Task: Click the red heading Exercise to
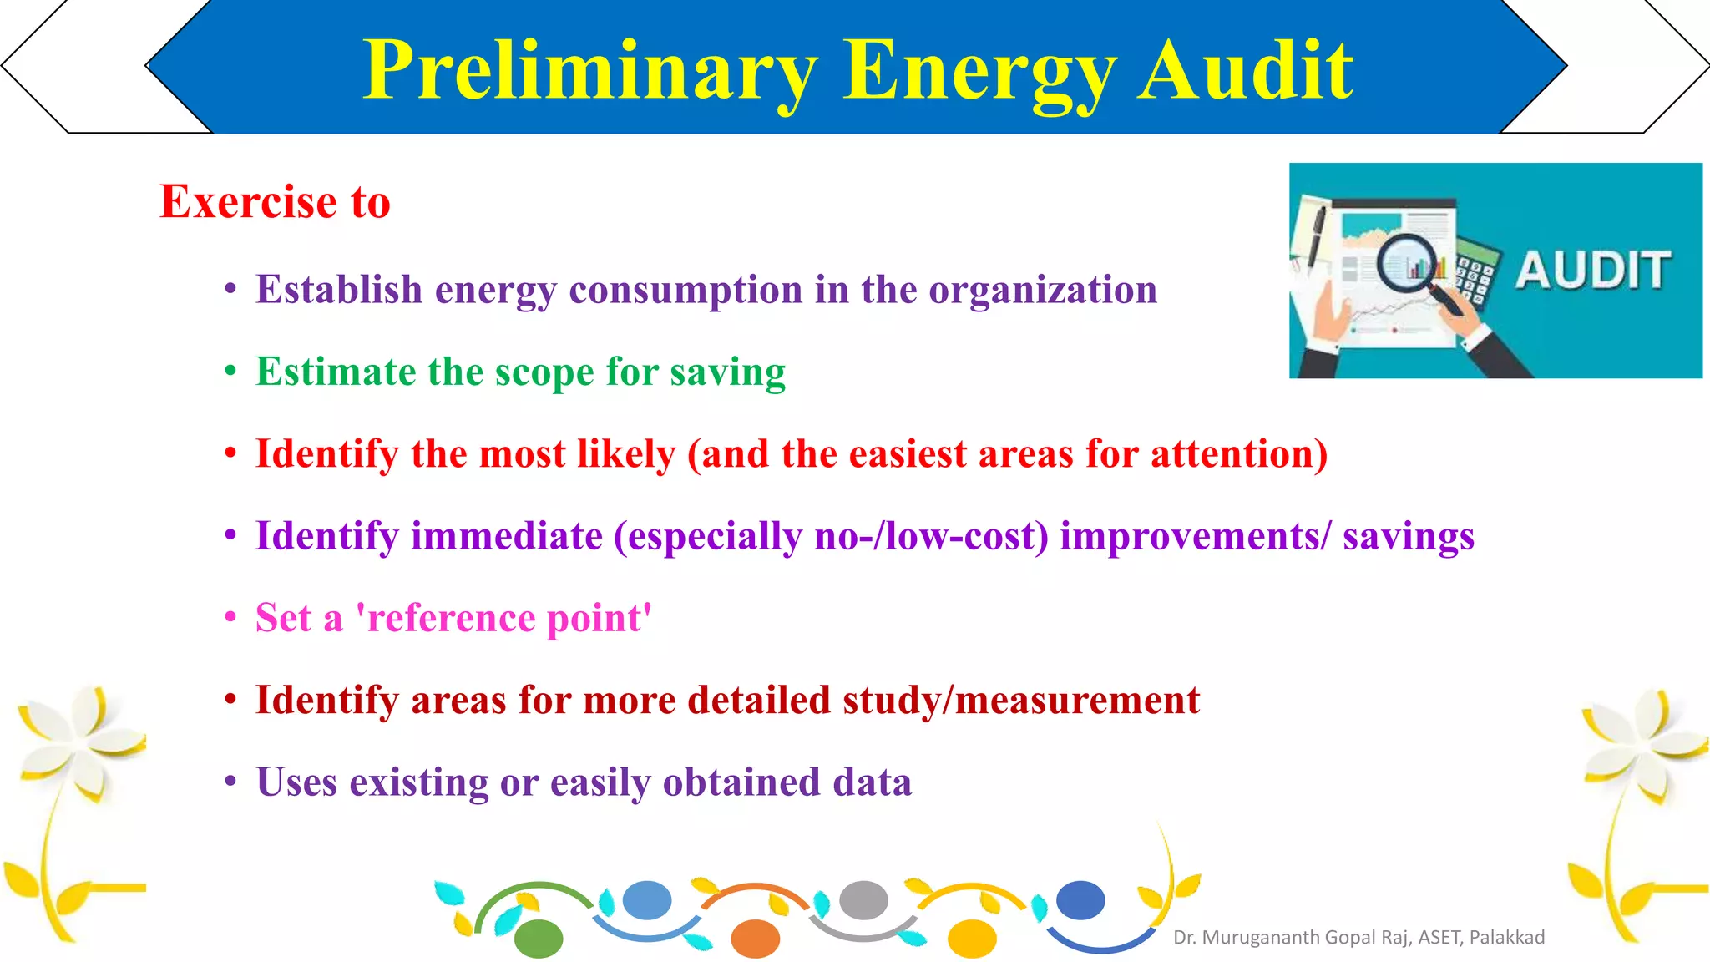pos(275,202)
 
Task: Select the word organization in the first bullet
pos(1043,291)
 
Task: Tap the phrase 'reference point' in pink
pos(503,619)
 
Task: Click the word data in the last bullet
pos(872,782)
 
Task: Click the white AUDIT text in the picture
pos(1593,271)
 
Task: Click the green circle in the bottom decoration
pos(539,939)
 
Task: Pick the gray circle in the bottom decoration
pos(863,900)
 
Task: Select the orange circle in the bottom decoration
pos(755,939)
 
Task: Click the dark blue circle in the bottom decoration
pos(1080,900)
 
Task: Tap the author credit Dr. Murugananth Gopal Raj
pos(1358,938)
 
